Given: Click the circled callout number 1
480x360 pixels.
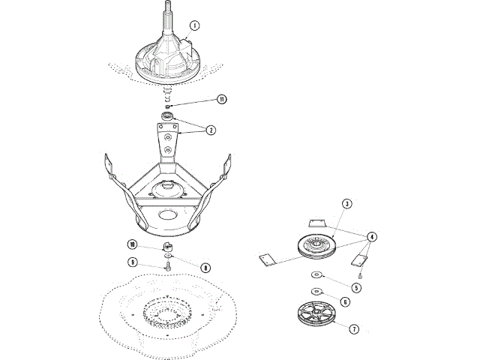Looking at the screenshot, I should click(194, 25).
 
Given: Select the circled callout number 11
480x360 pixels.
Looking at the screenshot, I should click(221, 99).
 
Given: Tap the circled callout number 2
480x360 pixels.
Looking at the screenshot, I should click(211, 130).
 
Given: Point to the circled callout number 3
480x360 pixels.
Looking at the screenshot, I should click(346, 203).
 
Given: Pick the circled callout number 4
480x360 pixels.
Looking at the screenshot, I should click(372, 236).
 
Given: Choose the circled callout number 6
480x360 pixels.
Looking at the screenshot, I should click(345, 301).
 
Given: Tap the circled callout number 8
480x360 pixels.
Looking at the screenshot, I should click(205, 266).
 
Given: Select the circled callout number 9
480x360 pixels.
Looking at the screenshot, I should click(132, 262).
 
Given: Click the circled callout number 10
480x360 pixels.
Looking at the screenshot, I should click(132, 244).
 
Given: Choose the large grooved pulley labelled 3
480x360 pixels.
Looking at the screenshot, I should click(316, 247).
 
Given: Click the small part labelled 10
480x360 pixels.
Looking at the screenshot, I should click(169, 246).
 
